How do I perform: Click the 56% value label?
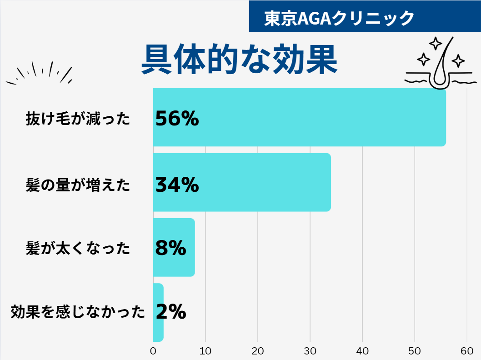177,119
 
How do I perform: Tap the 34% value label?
177,184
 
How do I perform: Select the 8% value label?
170,248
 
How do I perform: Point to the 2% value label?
170,312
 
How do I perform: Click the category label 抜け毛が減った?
78,119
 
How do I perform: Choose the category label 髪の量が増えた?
78,185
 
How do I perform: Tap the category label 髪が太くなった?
78,249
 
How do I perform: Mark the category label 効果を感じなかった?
78,312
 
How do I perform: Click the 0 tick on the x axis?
153,351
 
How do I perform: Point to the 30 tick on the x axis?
310,351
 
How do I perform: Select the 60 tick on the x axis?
467,351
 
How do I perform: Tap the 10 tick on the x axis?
205,351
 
